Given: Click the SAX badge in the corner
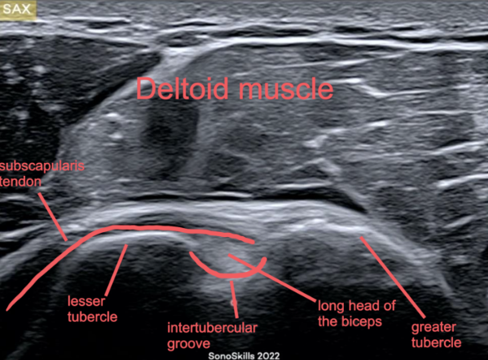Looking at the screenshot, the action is tap(17, 9).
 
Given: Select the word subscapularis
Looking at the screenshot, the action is tap(42, 166).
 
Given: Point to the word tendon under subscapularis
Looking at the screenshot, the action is tap(20, 182).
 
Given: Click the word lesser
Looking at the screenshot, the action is tap(86, 301).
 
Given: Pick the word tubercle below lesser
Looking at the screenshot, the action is tap(92, 317).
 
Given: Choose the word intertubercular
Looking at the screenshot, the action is tap(213, 328).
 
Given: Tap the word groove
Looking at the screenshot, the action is tap(189, 345).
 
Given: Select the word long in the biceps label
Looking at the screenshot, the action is tap(331, 306).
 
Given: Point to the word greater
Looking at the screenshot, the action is tap(433, 327).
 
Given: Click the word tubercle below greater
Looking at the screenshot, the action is tap(437, 342).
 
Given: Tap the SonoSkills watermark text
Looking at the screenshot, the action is tap(231, 356).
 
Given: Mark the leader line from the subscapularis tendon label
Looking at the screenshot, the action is tap(52, 217).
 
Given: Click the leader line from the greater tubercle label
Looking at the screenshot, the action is tap(393, 277).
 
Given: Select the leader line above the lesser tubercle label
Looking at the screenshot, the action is tap(116, 270).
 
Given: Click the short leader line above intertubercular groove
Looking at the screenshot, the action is tap(235, 300).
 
